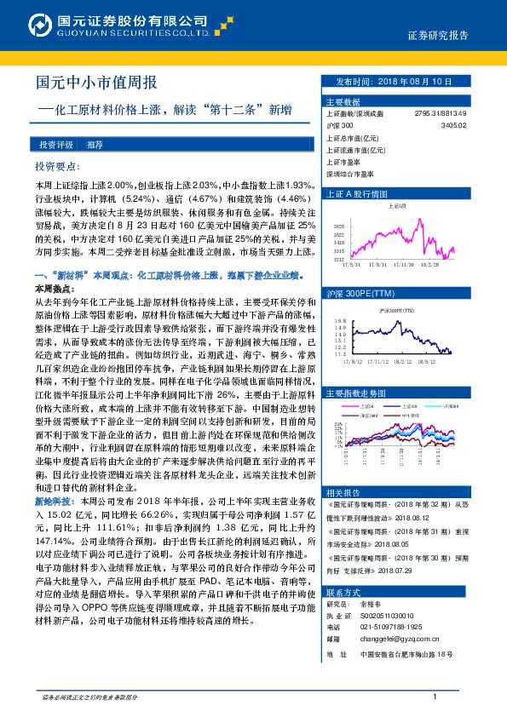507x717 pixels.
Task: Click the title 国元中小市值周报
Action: pos(95,83)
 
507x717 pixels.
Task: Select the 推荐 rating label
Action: pos(95,145)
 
